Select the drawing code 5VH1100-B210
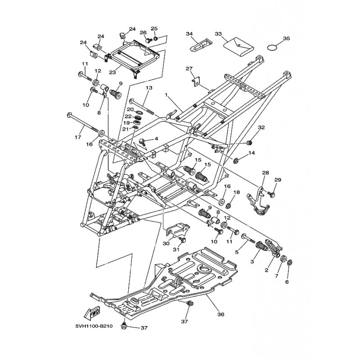coord(94,326)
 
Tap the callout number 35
coord(286,38)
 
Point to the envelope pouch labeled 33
coord(238,47)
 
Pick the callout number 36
coord(221,314)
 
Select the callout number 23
coord(112,72)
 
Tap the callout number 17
coord(78,137)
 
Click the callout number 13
coord(149,88)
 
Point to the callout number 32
coord(261,127)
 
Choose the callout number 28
coord(265,172)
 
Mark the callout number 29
coord(278,180)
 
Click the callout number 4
coord(156,139)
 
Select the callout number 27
coord(189,68)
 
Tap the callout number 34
coord(189,34)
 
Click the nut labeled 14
coord(235,161)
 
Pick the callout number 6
coord(287,282)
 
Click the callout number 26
coord(143,32)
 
